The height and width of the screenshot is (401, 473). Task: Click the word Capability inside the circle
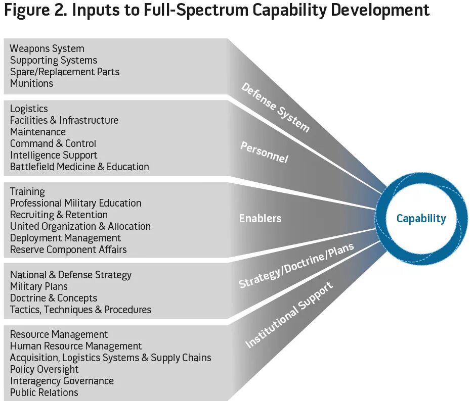pos(421,219)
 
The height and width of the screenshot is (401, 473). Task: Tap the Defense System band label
pos(275,108)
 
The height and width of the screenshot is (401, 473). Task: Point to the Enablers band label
pos(260,219)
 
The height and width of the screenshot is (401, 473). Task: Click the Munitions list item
pos(31,84)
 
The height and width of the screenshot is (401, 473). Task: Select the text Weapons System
pos(47,49)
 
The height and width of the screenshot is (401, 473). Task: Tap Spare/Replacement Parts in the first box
pos(65,72)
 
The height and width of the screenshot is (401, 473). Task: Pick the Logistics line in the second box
pos(29,109)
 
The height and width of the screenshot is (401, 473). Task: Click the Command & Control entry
pos(53,144)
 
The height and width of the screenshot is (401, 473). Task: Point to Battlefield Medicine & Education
pos(79,167)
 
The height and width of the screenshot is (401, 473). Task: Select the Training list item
pos(27,192)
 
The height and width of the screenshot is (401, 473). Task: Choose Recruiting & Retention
pos(59,215)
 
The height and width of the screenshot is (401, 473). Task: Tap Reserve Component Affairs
pos(68,250)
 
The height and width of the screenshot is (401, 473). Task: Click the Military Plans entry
pos(39,287)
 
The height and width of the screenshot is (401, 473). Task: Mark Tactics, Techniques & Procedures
pos(80,310)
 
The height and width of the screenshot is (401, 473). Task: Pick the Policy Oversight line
pos(45,370)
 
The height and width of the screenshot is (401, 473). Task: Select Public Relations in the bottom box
pos(44,393)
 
